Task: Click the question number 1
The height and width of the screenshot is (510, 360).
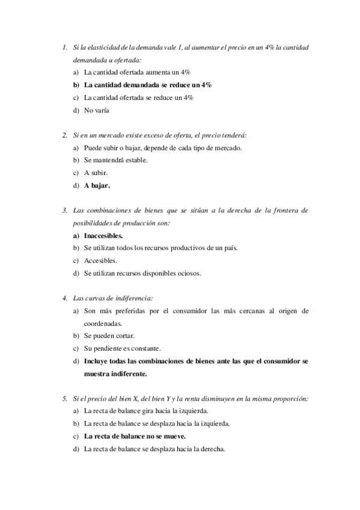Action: pyautogui.click(x=64, y=47)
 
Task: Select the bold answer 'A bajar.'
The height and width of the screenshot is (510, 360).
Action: pyautogui.click(x=97, y=186)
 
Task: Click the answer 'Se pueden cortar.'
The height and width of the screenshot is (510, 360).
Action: pyautogui.click(x=109, y=336)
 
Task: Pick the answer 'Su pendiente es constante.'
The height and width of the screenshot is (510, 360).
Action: pyautogui.click(x=122, y=348)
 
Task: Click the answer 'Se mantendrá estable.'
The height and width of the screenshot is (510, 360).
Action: pyautogui.click(x=115, y=160)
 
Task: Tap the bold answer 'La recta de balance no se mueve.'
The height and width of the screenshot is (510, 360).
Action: pyautogui.click(x=135, y=436)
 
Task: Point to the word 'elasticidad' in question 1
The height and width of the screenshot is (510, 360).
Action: pyautogui.click(x=99, y=47)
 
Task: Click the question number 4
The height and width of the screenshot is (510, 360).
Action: pyautogui.click(x=64, y=298)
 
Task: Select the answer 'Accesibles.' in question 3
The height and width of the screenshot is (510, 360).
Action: pyautogui.click(x=100, y=260)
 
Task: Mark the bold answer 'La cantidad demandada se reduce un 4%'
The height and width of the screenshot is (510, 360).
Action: pyautogui.click(x=148, y=85)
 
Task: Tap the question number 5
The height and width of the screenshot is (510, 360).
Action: pyautogui.click(x=64, y=398)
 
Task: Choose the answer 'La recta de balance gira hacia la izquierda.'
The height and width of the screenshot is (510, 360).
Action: pyautogui.click(x=146, y=411)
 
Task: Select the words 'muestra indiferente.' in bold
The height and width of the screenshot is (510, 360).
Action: pyautogui.click(x=115, y=373)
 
